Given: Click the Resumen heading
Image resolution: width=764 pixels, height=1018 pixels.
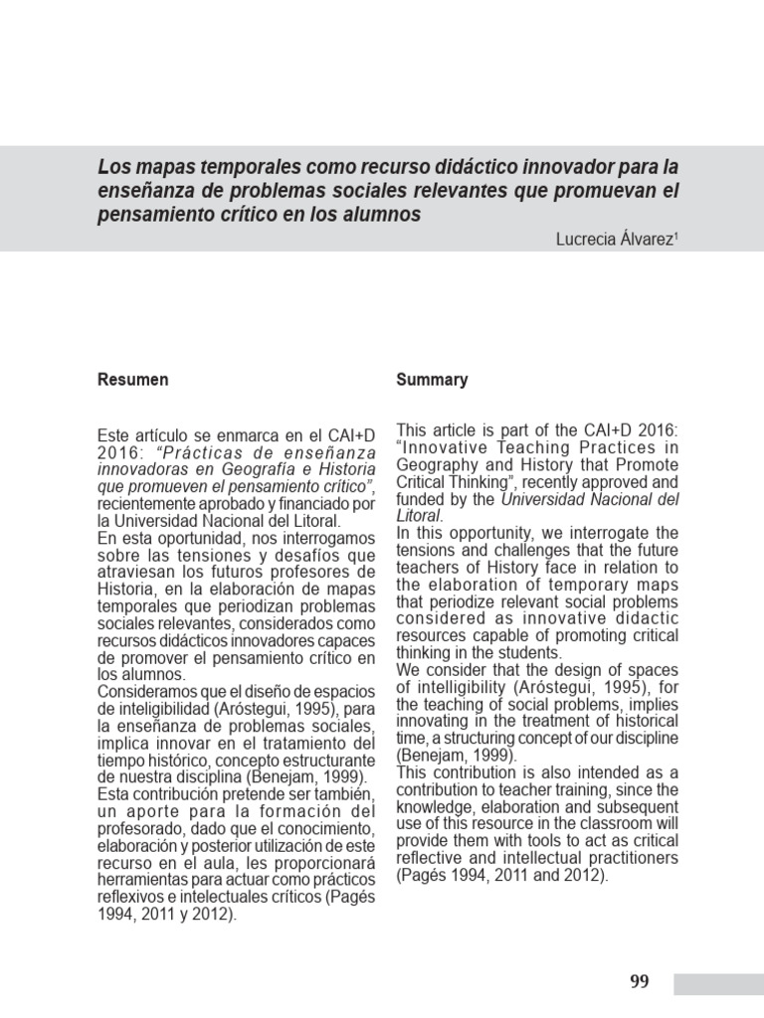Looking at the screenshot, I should click(132, 380).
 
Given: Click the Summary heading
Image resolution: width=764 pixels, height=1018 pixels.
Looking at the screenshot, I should click(432, 380).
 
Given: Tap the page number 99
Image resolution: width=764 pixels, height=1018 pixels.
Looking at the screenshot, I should click(640, 982).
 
